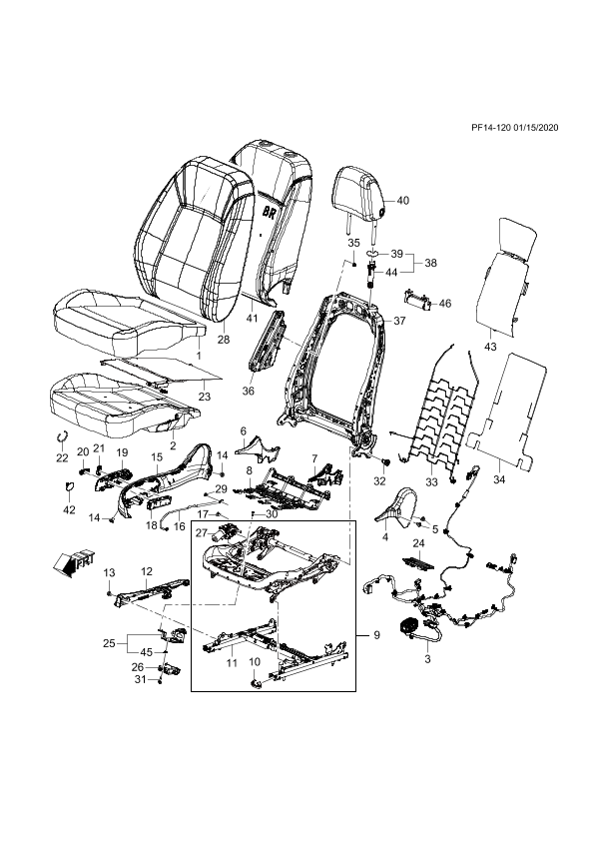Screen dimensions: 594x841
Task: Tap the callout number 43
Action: pyautogui.click(x=490, y=347)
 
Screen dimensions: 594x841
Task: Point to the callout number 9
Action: pyautogui.click(x=376, y=635)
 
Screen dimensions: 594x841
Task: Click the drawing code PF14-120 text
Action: pyautogui.click(x=490, y=128)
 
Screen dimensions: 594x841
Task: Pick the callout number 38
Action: pyautogui.click(x=430, y=263)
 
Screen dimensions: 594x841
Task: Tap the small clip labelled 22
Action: pyautogui.click(x=62, y=436)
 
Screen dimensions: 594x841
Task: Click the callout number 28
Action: pyautogui.click(x=224, y=340)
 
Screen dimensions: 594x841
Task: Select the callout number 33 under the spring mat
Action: pyautogui.click(x=431, y=482)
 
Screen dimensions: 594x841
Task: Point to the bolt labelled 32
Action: pyautogui.click(x=385, y=462)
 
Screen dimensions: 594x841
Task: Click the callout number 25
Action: pyautogui.click(x=110, y=642)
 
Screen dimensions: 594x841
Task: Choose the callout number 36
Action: pyautogui.click(x=248, y=391)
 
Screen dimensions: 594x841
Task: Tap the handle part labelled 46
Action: pyautogui.click(x=417, y=301)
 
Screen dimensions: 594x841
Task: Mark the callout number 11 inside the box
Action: pyautogui.click(x=231, y=663)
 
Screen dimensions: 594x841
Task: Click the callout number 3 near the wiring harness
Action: pyautogui.click(x=427, y=659)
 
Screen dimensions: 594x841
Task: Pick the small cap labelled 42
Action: pyautogui.click(x=69, y=487)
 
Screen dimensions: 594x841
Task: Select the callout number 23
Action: pyautogui.click(x=205, y=397)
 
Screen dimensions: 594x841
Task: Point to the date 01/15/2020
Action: pyautogui.click(x=536, y=128)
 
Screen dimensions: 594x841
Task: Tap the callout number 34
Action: pyautogui.click(x=499, y=479)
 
